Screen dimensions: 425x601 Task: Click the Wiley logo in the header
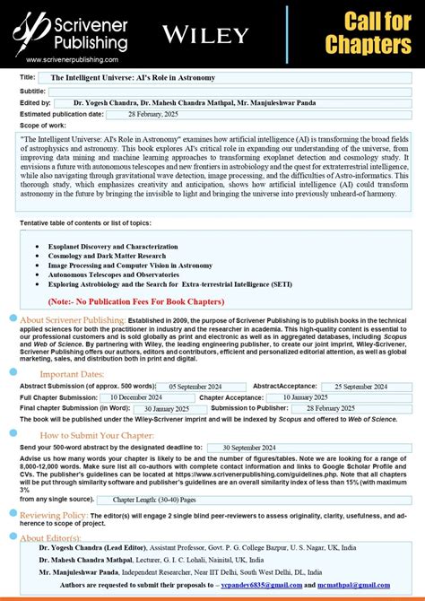[204, 35]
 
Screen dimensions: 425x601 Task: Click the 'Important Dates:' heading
[72, 373]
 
